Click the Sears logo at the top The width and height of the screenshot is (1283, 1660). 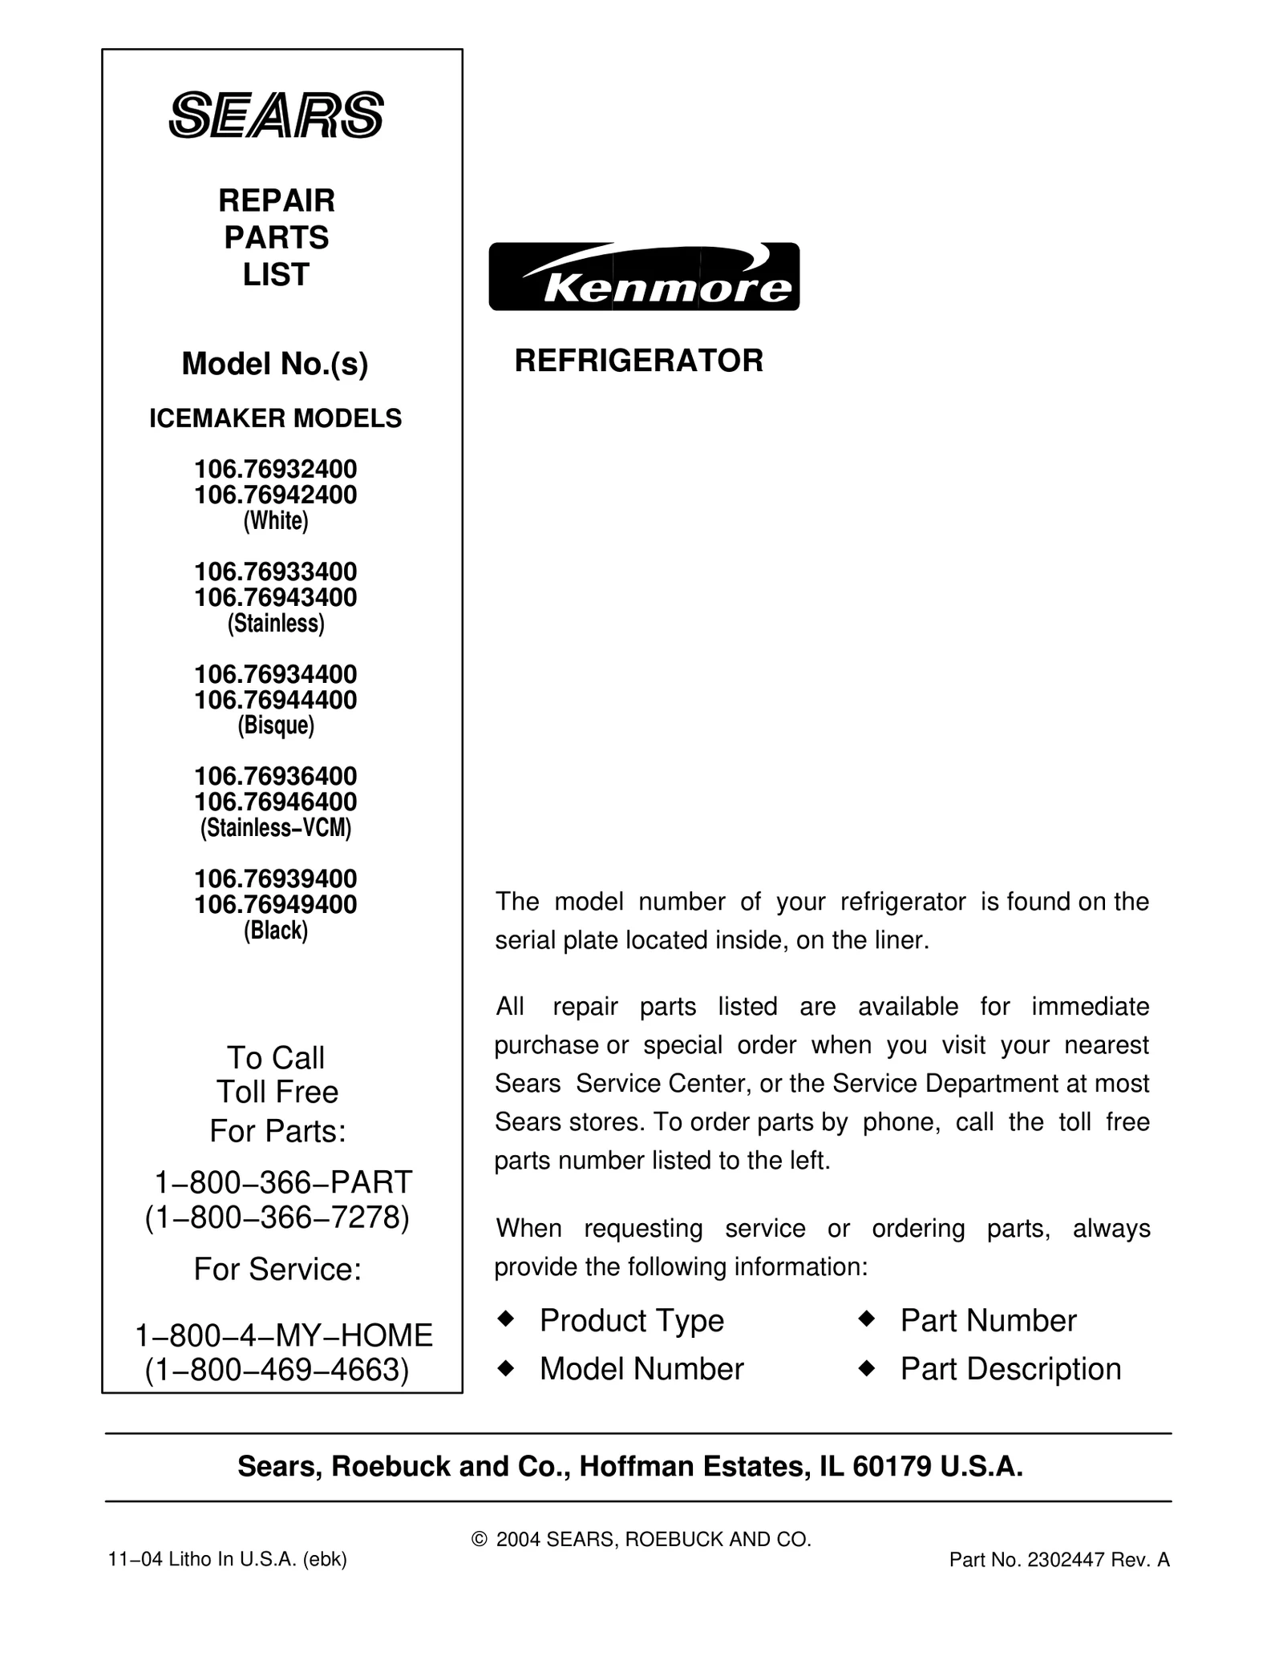[x=276, y=115]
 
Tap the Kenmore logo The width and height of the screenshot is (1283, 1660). [x=644, y=277]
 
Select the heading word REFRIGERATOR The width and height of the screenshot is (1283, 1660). [x=638, y=361]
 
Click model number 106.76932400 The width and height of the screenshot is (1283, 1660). [x=276, y=468]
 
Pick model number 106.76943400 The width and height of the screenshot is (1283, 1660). [x=276, y=597]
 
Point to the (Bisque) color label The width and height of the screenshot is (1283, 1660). [x=276, y=725]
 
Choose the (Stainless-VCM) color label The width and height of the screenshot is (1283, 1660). [x=276, y=827]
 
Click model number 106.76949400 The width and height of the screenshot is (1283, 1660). [x=276, y=904]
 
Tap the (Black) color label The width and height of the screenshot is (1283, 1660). [x=276, y=930]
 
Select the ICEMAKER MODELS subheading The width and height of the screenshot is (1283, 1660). [x=276, y=418]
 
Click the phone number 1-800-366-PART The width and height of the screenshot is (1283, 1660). [x=283, y=1182]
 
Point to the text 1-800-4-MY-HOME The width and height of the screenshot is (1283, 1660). [x=283, y=1335]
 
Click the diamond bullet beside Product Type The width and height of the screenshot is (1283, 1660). [x=505, y=1319]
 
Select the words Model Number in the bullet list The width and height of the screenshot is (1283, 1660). [x=641, y=1369]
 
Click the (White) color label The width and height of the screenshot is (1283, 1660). [x=276, y=521]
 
